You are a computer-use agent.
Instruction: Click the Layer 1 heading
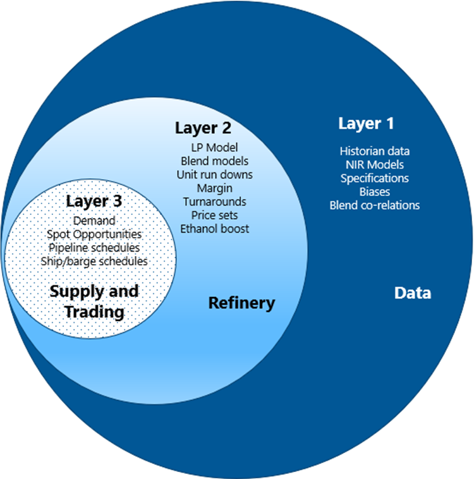(366, 123)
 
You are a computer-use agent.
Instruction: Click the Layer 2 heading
(203, 128)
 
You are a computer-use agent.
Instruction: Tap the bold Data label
(413, 293)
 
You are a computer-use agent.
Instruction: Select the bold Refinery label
(242, 303)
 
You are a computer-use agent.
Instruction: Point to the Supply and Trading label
(94, 301)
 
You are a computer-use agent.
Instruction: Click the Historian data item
(375, 151)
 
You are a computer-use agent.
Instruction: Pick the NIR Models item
(375, 165)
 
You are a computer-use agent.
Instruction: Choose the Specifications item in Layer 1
(375, 178)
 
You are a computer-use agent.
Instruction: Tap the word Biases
(375, 191)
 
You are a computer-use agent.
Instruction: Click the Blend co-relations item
(375, 205)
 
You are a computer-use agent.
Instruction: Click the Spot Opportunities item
(94, 234)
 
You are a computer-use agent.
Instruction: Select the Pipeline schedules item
(94, 248)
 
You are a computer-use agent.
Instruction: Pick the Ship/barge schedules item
(94, 261)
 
